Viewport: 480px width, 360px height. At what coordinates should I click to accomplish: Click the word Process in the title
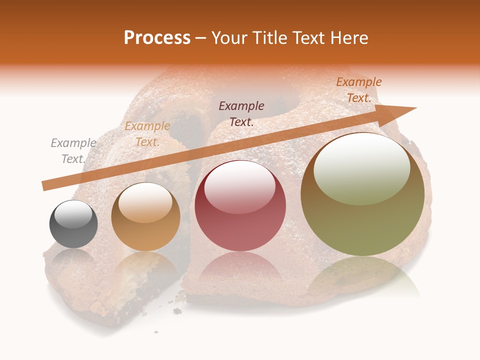coord(157,38)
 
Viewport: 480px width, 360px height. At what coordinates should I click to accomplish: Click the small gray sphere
coord(73,224)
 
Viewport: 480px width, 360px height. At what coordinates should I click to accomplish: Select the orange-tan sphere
coord(145,217)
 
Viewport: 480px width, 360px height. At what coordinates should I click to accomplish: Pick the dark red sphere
coord(240,205)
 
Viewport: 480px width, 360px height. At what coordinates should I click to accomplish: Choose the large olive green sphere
coord(362,194)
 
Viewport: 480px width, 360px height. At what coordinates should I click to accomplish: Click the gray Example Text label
coord(73,151)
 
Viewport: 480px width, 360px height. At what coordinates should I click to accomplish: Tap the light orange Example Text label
coord(147,134)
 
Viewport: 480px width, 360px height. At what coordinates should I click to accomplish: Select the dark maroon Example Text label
coord(241,113)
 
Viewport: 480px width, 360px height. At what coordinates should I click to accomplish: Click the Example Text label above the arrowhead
coord(359,90)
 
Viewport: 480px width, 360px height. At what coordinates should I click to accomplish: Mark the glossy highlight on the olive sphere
coord(361,169)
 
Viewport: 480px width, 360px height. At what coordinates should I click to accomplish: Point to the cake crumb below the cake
coord(177,311)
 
